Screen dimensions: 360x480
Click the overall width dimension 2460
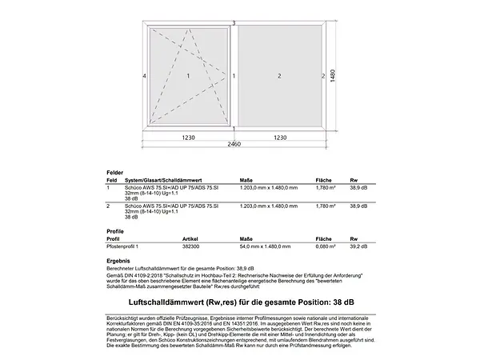click(234, 145)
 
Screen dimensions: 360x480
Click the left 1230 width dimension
click(188, 138)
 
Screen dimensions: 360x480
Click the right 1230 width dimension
click(280, 138)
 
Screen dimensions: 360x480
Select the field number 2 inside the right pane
click(280, 76)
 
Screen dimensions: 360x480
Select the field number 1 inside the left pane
click(188, 76)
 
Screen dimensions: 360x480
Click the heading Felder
click(115, 173)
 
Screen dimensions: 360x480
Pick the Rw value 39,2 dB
click(358, 249)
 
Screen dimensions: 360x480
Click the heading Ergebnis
click(118, 261)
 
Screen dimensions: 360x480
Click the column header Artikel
click(190, 238)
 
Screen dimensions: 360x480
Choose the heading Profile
click(115, 230)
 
